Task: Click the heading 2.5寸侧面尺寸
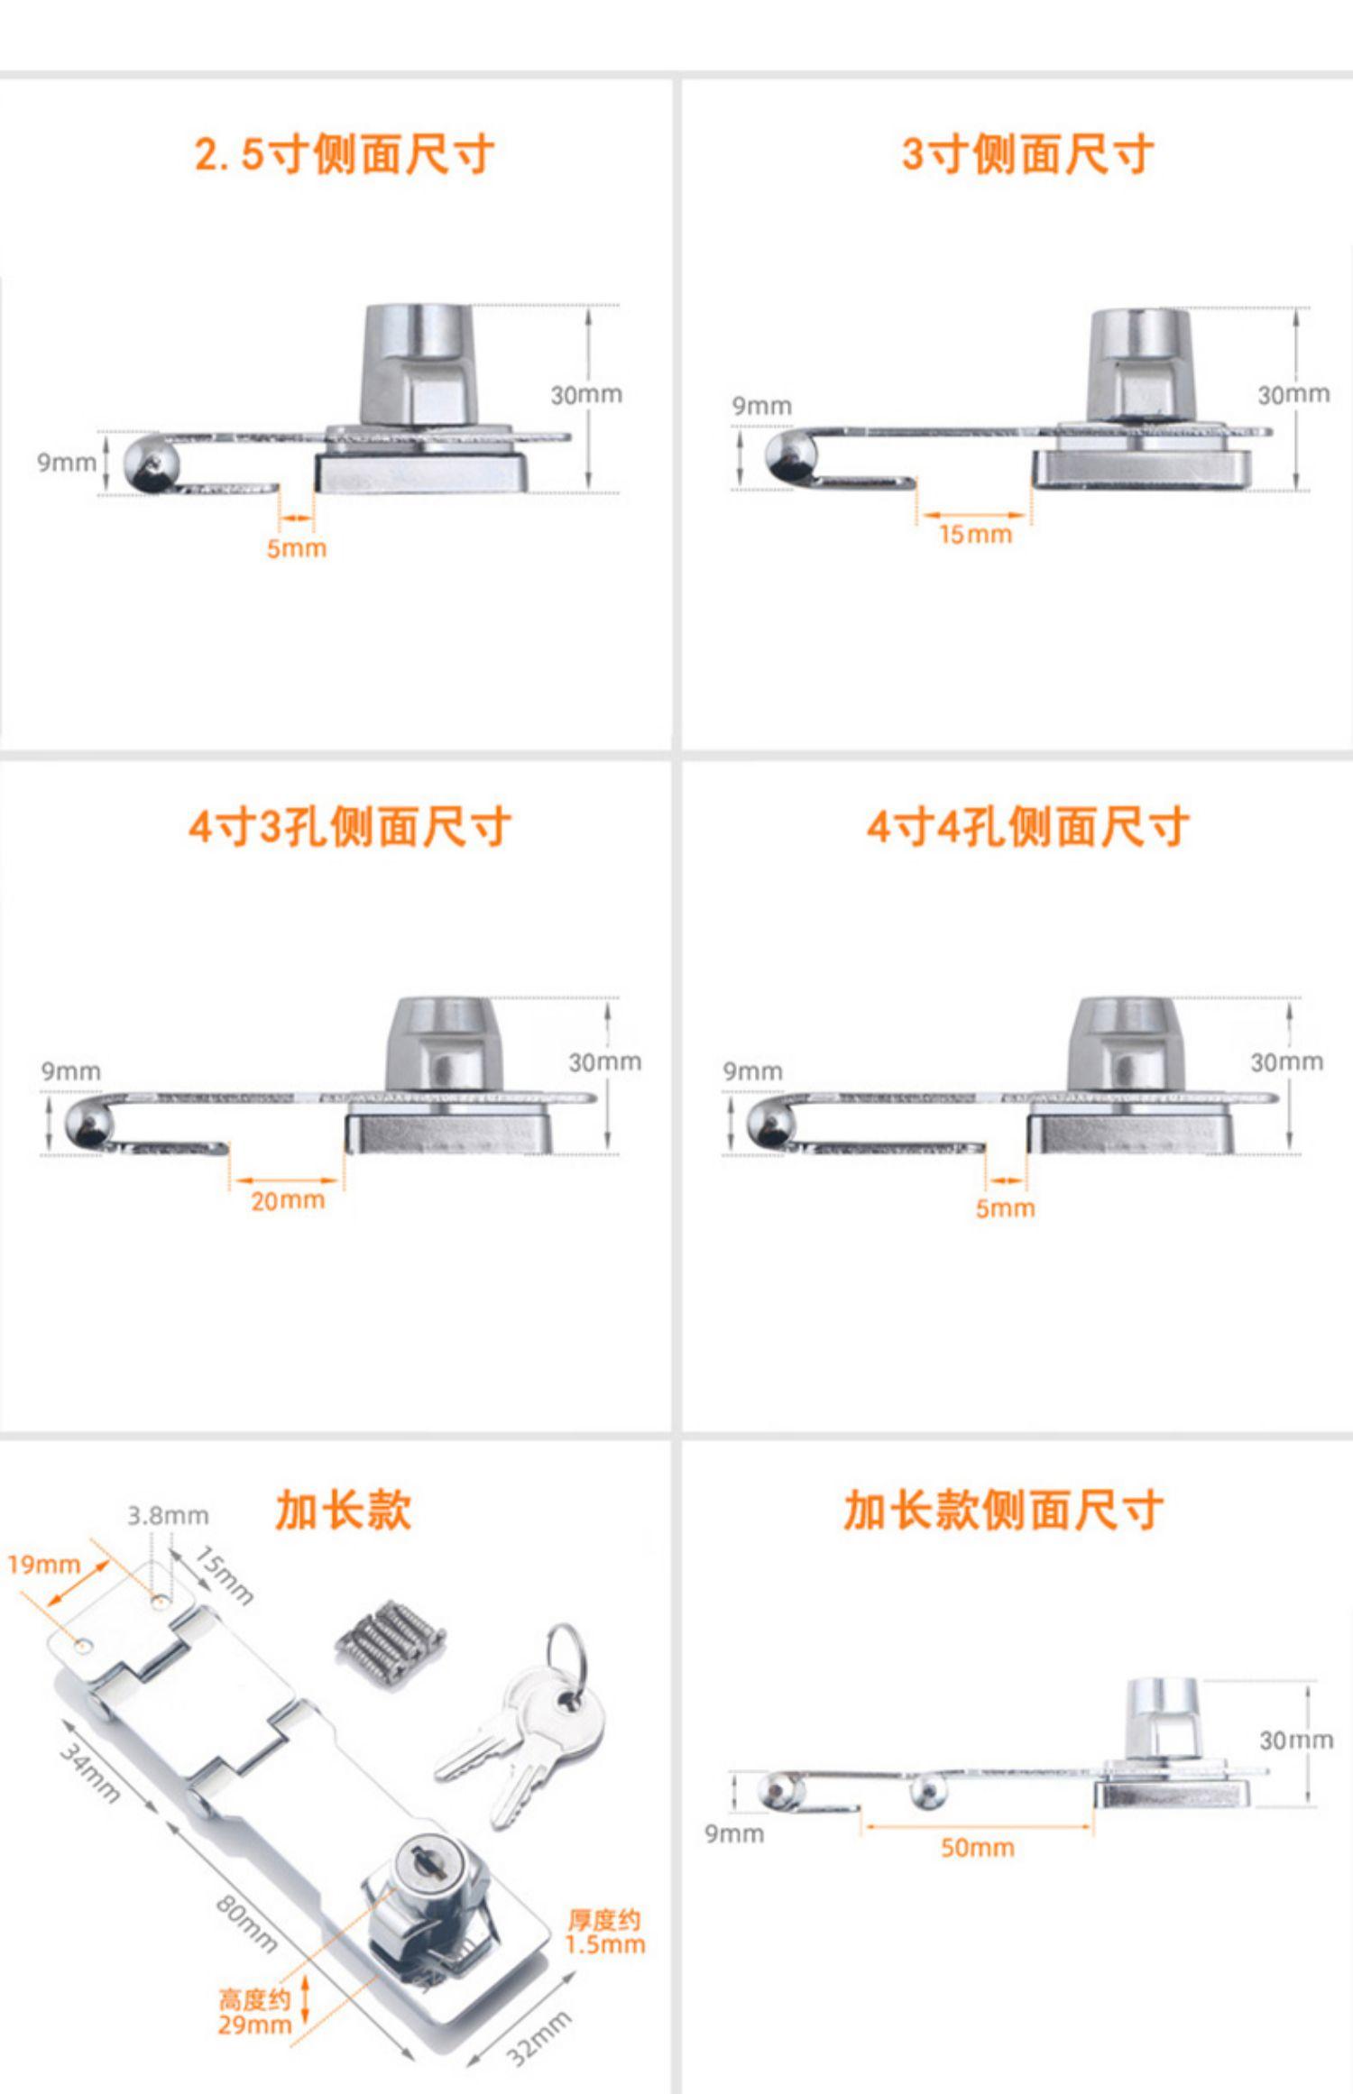coord(344,154)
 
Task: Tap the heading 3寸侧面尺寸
coord(1027,154)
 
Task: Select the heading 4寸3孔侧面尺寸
coord(350,826)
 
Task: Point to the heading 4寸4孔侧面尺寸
coord(1027,826)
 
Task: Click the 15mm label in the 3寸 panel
coord(975,535)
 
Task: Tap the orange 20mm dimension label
coord(288,1200)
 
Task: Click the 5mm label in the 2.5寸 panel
coord(296,548)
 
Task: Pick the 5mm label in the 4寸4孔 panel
coord(1005,1208)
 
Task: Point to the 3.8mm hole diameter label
coord(168,1516)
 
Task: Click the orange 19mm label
coord(44,1565)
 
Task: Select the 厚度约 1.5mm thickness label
coord(604,1932)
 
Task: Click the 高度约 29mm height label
coord(255,2012)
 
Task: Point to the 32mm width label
coord(538,2037)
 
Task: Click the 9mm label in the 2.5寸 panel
coord(66,463)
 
